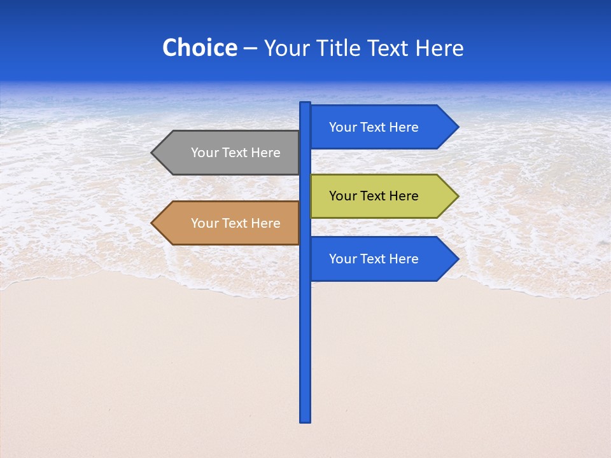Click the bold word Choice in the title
click(x=199, y=48)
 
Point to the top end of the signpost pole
click(x=305, y=104)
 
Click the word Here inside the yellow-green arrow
click(x=404, y=196)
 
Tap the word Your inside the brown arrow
click(x=204, y=223)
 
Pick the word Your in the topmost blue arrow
click(x=342, y=127)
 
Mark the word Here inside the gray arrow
click(x=265, y=153)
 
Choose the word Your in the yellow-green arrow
click(x=342, y=196)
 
